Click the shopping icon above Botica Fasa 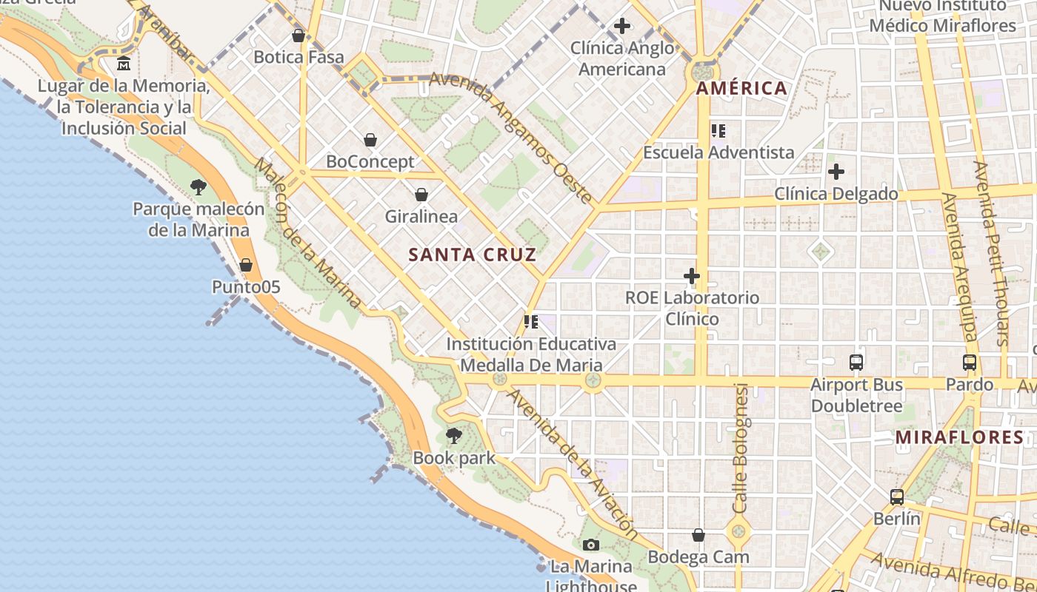coord(299,36)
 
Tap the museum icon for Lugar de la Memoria coord(124,64)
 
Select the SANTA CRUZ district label coord(472,255)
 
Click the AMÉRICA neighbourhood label coord(741,89)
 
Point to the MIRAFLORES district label coord(959,437)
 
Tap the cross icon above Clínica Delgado coord(836,172)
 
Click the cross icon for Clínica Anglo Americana coord(622,27)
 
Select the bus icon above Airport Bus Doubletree coord(856,363)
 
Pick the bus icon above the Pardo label coord(969,363)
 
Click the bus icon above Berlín coord(896,497)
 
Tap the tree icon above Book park coord(454,436)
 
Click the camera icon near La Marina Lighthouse coord(590,545)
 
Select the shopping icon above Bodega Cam coord(698,535)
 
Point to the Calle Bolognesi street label coord(741,448)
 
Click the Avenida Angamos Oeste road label coord(511,138)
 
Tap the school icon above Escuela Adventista coord(718,131)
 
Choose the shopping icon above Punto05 coord(246,265)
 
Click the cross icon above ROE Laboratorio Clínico coord(692,276)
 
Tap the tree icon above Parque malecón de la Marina coord(198,187)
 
